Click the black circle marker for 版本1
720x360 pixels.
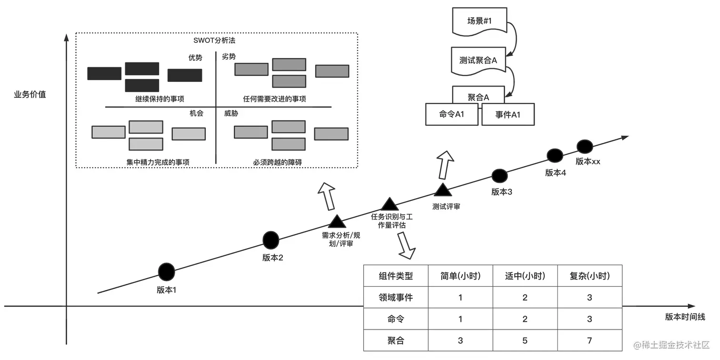point(167,272)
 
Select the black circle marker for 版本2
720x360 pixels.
point(270,240)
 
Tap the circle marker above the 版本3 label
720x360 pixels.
point(500,176)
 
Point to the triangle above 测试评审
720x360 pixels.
point(443,190)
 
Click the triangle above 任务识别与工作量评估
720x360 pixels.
point(390,204)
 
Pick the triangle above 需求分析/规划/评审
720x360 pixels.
point(337,221)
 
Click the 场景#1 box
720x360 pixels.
point(480,21)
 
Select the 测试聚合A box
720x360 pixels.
point(478,61)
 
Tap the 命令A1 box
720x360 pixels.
point(451,114)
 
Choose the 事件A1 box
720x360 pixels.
point(508,114)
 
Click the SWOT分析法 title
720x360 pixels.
point(214,40)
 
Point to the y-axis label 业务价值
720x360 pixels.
point(30,94)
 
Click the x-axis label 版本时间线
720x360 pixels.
point(685,317)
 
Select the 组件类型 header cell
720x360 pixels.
point(396,276)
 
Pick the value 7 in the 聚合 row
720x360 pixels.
point(590,340)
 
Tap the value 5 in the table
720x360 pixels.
point(525,340)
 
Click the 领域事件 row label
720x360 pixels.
point(396,297)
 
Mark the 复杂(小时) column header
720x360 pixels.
point(590,276)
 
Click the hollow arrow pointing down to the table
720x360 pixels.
point(406,246)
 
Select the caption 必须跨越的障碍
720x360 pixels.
point(278,162)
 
